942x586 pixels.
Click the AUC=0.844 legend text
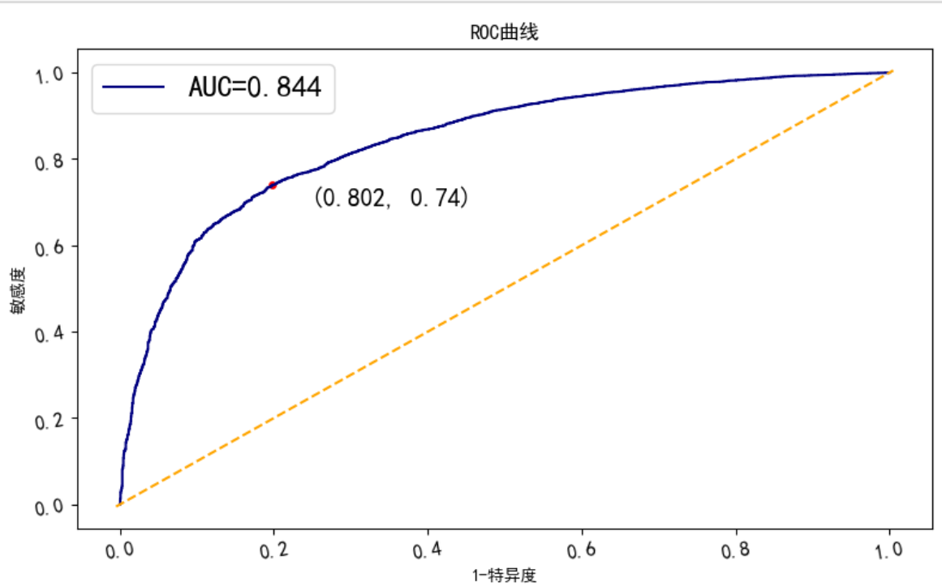click(x=255, y=86)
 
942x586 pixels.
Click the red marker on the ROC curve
click(x=273, y=186)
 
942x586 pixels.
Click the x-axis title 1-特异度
click(x=504, y=575)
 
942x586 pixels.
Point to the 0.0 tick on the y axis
click(x=49, y=507)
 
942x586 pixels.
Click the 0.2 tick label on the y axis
click(x=49, y=420)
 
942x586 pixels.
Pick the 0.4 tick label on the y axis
click(x=49, y=333)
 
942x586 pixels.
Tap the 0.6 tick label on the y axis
click(x=49, y=247)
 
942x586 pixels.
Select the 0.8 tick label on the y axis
click(x=49, y=160)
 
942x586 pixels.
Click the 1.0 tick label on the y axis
click(x=49, y=75)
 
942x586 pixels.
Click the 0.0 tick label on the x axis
click(x=120, y=550)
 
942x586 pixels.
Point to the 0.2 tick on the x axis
click(x=274, y=550)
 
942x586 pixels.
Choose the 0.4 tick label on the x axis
click(x=428, y=550)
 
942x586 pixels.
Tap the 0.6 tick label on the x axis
click(x=583, y=550)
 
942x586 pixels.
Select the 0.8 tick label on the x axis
click(x=737, y=550)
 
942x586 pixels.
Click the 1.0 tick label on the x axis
click(x=890, y=550)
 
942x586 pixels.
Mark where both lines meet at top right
click(x=891, y=72)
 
